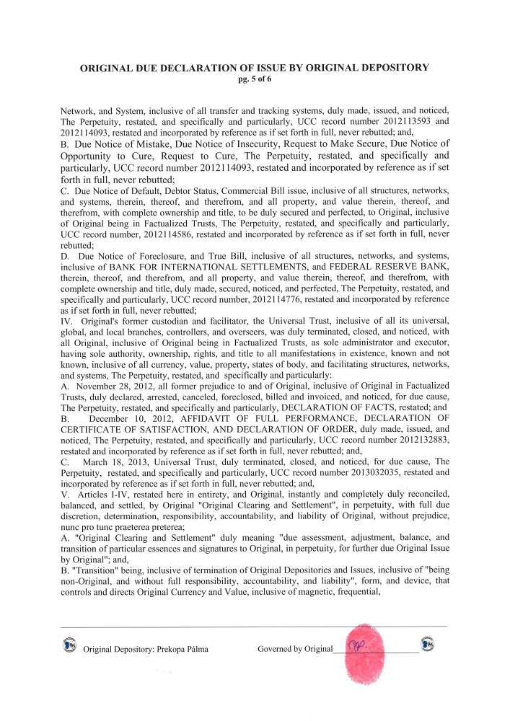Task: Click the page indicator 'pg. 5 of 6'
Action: (x=254, y=79)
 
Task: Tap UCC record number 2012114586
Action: (x=160, y=235)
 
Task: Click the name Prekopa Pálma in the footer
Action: (x=181, y=649)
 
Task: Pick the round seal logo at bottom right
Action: (x=427, y=644)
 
